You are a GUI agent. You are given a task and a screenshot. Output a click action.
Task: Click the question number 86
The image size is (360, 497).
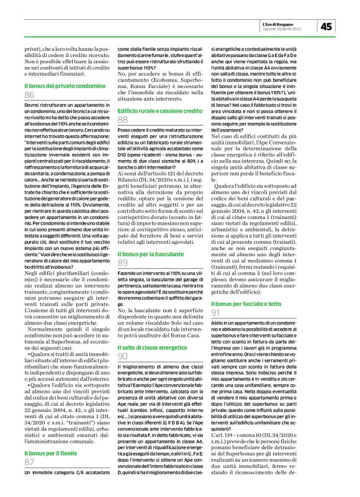(29, 95)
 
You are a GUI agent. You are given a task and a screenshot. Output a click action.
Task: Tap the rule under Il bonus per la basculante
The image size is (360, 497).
(160, 253)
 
